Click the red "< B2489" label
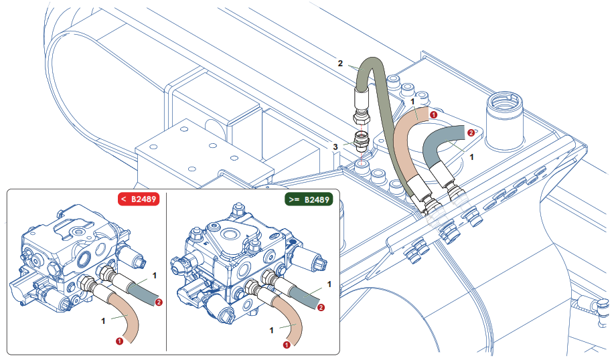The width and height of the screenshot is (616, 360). (x=137, y=199)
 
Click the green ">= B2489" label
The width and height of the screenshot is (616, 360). (x=307, y=199)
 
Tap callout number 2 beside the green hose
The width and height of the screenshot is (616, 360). (x=340, y=64)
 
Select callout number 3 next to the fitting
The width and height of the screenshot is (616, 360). (x=335, y=147)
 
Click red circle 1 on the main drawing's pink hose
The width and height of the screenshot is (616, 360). (x=433, y=114)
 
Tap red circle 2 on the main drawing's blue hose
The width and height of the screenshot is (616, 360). (x=471, y=132)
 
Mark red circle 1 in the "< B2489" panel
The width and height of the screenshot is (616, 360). (x=119, y=341)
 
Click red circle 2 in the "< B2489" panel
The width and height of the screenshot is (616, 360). (x=159, y=302)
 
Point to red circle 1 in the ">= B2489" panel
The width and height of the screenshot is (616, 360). (x=287, y=345)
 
